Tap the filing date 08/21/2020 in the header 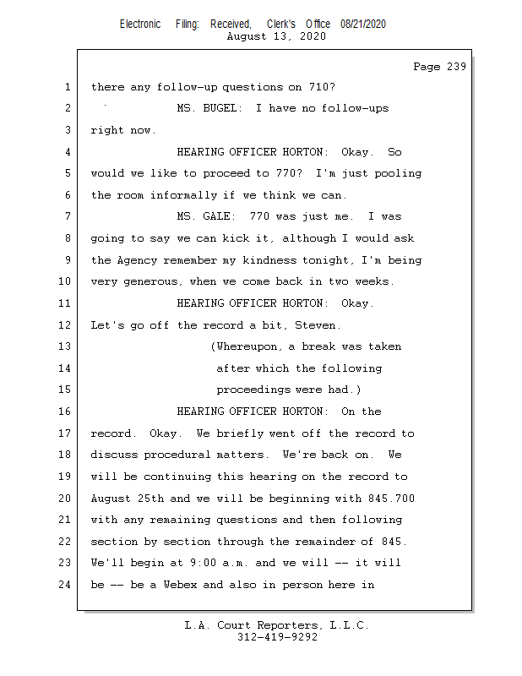pos(363,25)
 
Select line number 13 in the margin pos(67,346)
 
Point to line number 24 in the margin pos(67,585)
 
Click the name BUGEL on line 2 pos(220,108)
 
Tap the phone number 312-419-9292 pos(277,638)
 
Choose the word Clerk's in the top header pos(285,25)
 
